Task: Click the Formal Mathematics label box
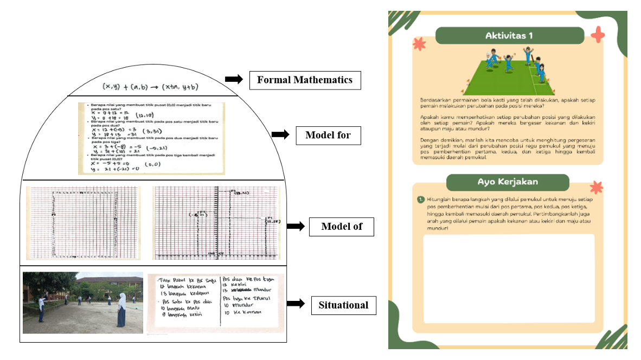[304, 80]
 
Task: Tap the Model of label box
[341, 227]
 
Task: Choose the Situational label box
[343, 305]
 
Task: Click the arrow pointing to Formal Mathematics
[233, 80]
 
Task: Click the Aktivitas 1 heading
[509, 36]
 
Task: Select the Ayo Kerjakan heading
[508, 182]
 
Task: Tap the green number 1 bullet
[420, 200]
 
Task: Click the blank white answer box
[508, 278]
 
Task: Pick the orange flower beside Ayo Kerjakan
[596, 188]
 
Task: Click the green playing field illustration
[509, 76]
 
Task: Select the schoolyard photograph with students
[83, 303]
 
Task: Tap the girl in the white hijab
[122, 310]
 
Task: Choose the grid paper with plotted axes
[216, 223]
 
